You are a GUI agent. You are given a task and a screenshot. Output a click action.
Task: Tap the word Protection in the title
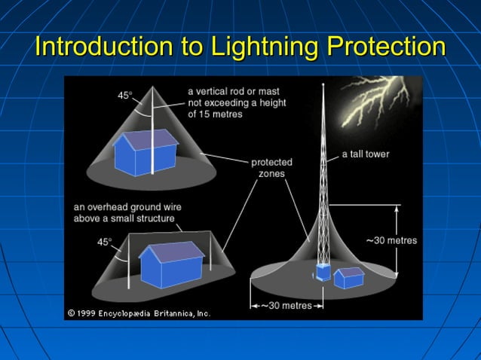coord(386,47)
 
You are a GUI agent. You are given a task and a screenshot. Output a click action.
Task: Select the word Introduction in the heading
coord(103,47)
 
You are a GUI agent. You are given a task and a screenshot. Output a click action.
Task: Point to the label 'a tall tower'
coord(365,154)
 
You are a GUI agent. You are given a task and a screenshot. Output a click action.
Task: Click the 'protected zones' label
coord(271,167)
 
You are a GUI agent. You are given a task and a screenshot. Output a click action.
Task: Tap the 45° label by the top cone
coord(124,95)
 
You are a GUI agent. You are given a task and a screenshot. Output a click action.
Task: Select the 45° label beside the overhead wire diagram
coord(105,242)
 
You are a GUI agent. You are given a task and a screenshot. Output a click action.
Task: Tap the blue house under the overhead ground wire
coord(171,260)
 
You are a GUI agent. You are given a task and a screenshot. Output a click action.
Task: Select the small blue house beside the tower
coord(349,277)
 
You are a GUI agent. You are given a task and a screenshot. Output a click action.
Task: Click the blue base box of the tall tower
coord(323,272)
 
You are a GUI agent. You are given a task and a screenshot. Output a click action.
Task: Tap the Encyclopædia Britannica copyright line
coord(139,313)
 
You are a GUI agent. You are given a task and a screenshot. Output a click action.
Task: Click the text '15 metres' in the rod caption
coord(213,114)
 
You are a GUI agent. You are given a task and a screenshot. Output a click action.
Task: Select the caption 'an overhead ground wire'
coord(127,207)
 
